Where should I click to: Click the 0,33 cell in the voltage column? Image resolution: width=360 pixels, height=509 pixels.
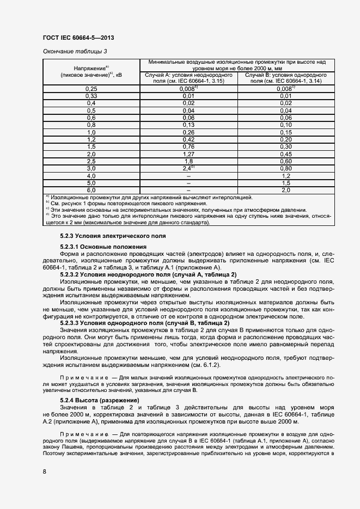pos(91,96)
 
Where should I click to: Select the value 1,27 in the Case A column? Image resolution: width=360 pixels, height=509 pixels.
pos(188,154)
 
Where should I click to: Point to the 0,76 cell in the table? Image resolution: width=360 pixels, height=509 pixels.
pos(188,146)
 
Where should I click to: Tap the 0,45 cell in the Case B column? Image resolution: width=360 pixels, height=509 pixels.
pos(286,154)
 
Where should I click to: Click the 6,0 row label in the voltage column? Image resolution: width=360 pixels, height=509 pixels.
pos(91,190)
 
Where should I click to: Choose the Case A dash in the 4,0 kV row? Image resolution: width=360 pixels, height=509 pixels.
pos(188,176)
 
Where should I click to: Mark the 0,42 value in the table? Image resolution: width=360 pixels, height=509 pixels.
pos(188,139)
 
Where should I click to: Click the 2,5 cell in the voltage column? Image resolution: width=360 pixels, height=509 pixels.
pos(91,161)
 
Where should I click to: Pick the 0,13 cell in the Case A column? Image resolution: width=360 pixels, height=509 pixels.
pos(188,125)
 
